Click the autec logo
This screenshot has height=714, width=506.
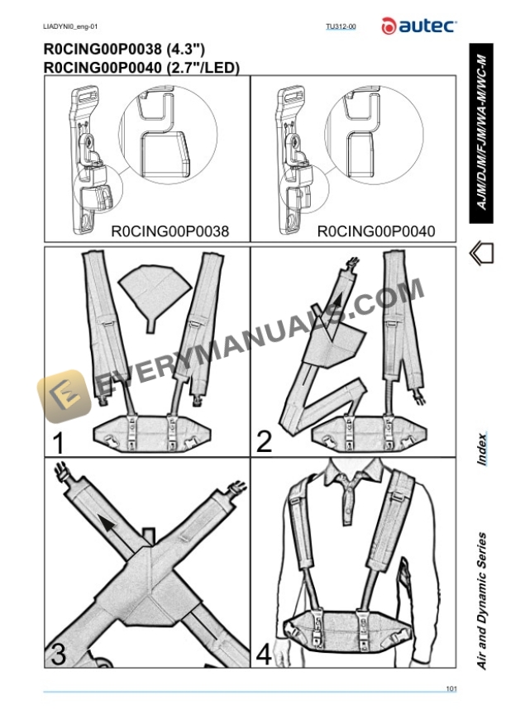(x=418, y=26)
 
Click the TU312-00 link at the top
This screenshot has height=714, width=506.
(x=341, y=27)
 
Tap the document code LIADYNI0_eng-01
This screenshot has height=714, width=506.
(x=71, y=27)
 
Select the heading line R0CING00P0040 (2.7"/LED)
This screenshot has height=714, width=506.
(x=141, y=68)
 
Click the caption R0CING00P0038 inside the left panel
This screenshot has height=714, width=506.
(x=169, y=231)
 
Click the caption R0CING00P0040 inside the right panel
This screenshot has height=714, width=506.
(x=376, y=231)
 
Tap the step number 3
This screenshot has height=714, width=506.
(x=59, y=654)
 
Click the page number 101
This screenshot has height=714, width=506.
(x=451, y=688)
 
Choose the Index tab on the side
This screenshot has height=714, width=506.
(x=482, y=448)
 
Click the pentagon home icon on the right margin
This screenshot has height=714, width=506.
(x=481, y=254)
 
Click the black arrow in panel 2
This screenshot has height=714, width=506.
(x=337, y=300)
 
